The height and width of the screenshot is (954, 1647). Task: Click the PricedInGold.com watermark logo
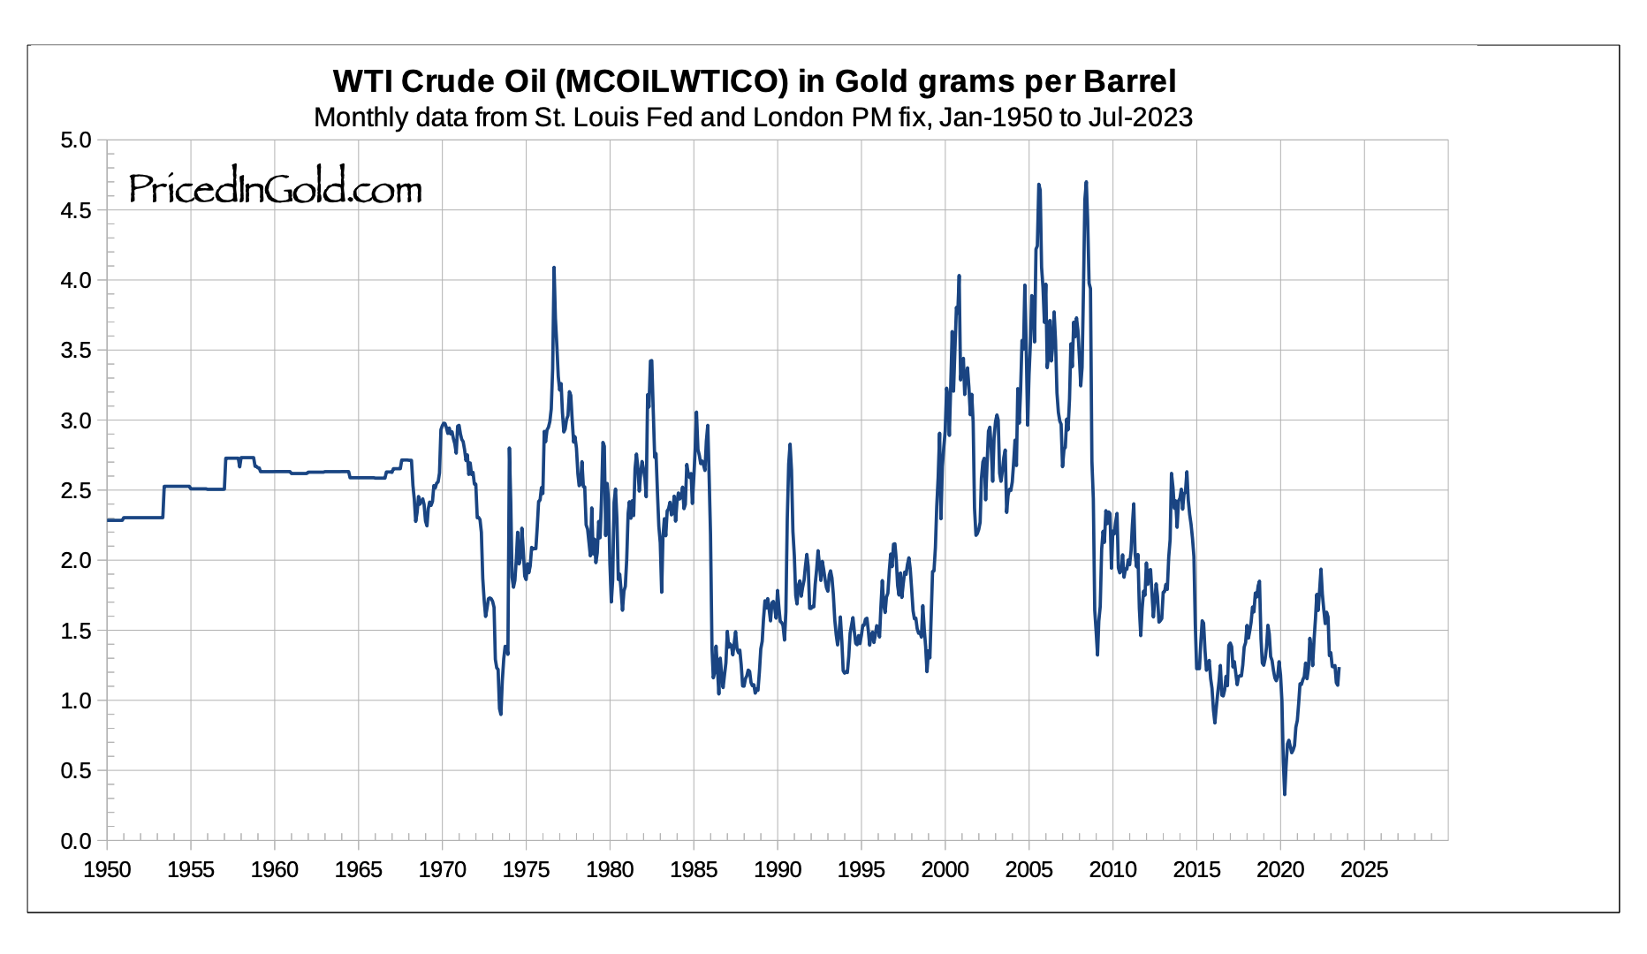tap(275, 188)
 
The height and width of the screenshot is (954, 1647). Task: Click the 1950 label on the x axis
tap(107, 870)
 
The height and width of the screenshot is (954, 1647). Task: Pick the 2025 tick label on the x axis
tap(1364, 870)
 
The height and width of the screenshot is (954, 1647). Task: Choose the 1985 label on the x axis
tap(694, 870)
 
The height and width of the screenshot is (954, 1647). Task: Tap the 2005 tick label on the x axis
tap(1028, 870)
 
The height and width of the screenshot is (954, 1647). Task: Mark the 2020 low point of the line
tap(1284, 794)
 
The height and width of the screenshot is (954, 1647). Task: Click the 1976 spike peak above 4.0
tap(554, 268)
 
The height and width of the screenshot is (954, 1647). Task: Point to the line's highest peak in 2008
tap(1086, 182)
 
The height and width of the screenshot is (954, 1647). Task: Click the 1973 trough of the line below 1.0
tap(501, 713)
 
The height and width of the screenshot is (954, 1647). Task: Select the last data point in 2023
tap(1340, 669)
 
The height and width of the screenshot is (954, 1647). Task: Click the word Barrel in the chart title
tap(1129, 81)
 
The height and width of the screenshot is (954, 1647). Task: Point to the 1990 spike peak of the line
tap(790, 444)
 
